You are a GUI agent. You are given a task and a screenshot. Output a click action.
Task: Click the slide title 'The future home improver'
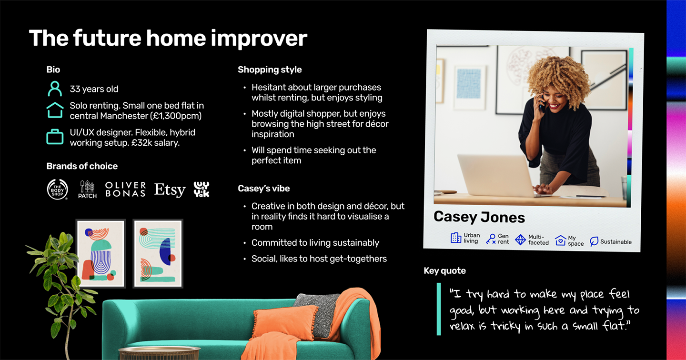click(x=168, y=38)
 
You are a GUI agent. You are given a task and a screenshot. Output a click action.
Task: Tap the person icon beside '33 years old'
click(x=55, y=89)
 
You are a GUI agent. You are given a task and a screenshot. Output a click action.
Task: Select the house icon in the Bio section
click(x=55, y=110)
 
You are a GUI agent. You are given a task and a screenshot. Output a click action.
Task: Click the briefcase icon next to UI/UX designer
click(x=55, y=137)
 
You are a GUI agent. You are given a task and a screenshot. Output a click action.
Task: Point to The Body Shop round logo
click(x=57, y=189)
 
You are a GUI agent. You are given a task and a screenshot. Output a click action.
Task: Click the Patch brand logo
click(x=87, y=189)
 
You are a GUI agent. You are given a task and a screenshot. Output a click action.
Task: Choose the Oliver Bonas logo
click(x=125, y=189)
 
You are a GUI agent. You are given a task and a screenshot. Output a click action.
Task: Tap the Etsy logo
click(x=170, y=190)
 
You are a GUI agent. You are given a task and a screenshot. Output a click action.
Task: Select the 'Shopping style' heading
click(x=270, y=70)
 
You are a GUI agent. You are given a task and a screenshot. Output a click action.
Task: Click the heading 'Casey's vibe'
click(x=263, y=189)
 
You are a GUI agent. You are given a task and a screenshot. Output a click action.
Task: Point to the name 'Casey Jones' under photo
click(x=479, y=217)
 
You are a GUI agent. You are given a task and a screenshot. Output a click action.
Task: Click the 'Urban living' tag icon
click(x=456, y=238)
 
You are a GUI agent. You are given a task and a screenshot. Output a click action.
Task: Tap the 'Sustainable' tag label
click(x=615, y=241)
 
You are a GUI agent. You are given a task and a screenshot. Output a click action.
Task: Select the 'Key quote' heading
click(x=444, y=270)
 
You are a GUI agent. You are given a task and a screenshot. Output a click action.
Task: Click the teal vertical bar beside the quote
click(x=439, y=309)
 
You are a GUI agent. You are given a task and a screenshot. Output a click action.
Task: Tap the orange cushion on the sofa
click(x=284, y=321)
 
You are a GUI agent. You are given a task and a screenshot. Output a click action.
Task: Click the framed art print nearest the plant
click(x=101, y=253)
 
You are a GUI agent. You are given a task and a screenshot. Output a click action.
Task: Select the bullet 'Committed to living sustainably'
click(x=315, y=242)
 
